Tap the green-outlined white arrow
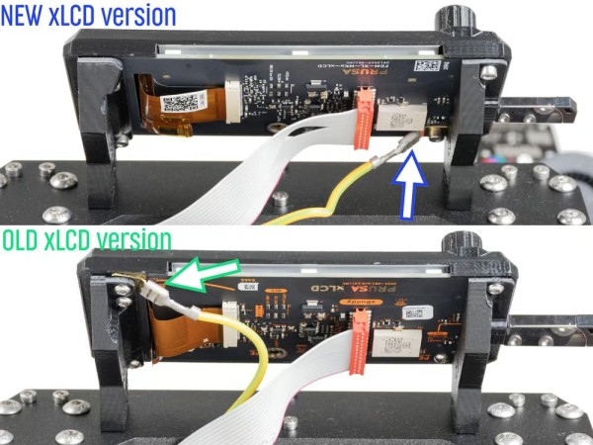click(202, 272)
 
